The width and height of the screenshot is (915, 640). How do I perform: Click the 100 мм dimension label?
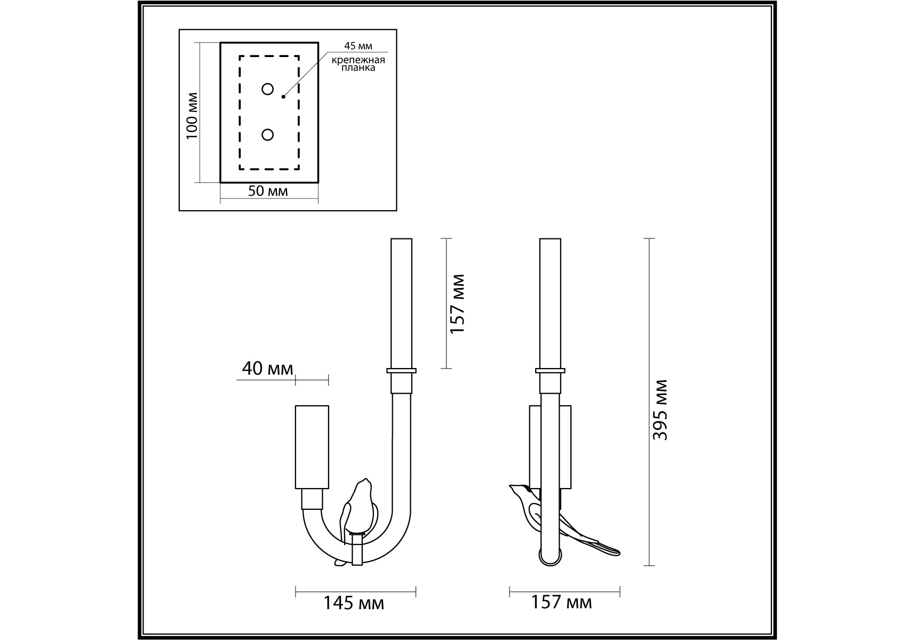(x=192, y=116)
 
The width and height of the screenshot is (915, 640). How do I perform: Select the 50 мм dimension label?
(x=268, y=191)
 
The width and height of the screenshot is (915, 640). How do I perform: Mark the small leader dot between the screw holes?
(x=283, y=97)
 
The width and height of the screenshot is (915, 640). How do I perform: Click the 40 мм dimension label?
(x=267, y=368)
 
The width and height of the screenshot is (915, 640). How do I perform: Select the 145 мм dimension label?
(x=354, y=603)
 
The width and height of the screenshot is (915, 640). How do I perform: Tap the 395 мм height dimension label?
(x=661, y=410)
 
